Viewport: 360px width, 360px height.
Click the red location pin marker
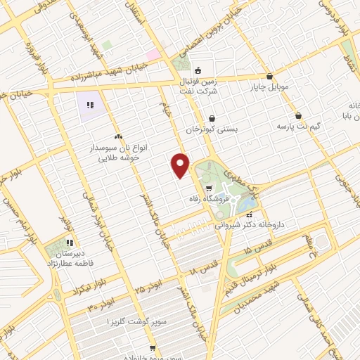click(x=181, y=165)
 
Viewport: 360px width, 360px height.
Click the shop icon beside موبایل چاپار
click(x=270, y=77)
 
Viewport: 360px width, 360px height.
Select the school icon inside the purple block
click(x=90, y=105)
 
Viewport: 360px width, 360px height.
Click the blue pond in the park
click(x=247, y=205)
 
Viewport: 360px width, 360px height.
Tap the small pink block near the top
click(x=153, y=55)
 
